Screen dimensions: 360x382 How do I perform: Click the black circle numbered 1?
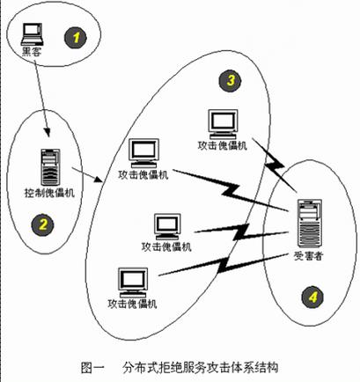(76, 38)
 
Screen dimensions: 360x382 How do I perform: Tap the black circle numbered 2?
(43, 225)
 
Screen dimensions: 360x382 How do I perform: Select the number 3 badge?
(230, 80)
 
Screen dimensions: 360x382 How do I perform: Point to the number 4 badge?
(312, 298)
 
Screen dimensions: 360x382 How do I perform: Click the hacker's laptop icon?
(32, 34)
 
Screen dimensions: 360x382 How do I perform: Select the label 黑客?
(32, 52)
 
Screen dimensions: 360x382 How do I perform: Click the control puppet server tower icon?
(50, 167)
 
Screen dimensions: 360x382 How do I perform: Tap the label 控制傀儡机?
(49, 193)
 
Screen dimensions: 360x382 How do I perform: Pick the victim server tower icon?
(309, 224)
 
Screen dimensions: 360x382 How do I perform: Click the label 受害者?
(308, 256)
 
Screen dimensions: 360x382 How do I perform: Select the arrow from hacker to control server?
(41, 99)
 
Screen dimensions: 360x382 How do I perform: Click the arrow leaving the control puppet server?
(87, 175)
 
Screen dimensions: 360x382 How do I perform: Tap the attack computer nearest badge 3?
(223, 124)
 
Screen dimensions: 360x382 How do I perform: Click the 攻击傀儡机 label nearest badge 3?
(222, 146)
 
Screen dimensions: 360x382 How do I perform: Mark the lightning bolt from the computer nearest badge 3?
(275, 165)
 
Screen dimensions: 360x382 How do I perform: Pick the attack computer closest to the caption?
(133, 283)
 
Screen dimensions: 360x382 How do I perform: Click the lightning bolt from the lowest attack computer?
(223, 265)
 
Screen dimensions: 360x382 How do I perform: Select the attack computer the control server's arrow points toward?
(144, 153)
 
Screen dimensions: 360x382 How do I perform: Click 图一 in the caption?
(92, 368)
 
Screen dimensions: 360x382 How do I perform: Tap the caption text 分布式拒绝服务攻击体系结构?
(201, 368)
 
